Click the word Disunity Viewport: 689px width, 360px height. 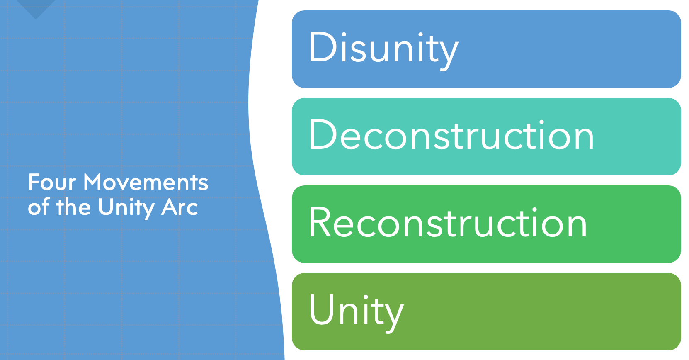point(384,50)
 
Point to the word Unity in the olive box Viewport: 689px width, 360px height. point(357,312)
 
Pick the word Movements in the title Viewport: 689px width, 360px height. point(146,182)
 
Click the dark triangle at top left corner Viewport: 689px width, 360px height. point(36,8)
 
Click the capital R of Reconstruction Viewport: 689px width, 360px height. point(321,222)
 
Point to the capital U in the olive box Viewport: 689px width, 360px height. point(322,309)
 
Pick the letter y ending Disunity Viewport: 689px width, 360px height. point(449,56)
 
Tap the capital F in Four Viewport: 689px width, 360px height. point(34,182)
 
